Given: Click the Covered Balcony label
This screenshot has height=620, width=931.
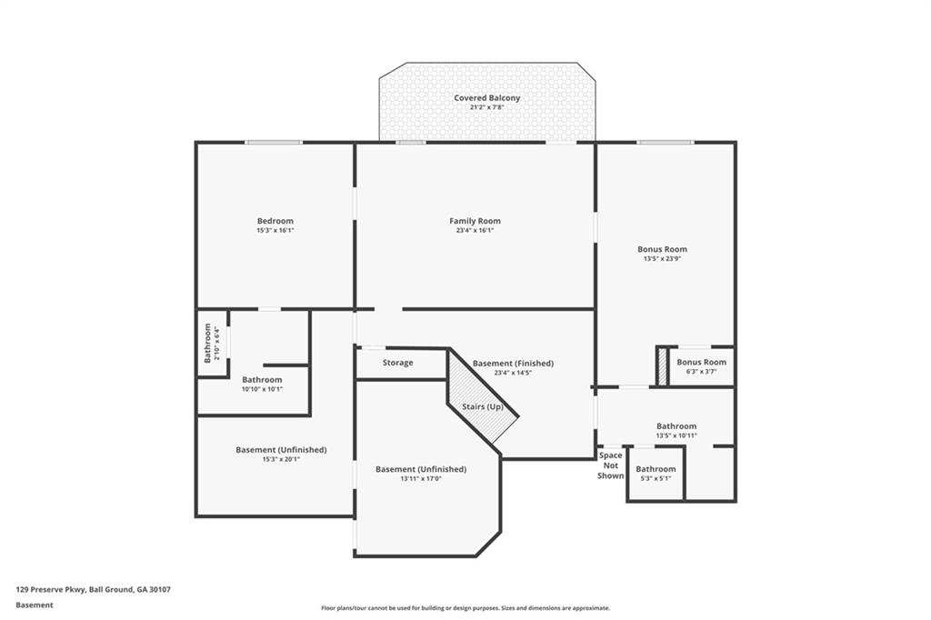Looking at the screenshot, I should pos(487,97).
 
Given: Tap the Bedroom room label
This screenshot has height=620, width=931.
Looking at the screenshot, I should pos(275,221).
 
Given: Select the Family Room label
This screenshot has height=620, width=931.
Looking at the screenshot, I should pos(475,221).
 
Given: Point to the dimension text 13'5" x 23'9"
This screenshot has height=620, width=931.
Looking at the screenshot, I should pos(662,258).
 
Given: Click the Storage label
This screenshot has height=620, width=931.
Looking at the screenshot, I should pos(397,363).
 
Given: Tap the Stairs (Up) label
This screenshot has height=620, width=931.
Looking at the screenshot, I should pos(482,406).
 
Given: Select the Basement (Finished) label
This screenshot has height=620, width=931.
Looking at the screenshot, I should pos(513,363).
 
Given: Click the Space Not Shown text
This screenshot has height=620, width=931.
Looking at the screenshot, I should pos(611,465).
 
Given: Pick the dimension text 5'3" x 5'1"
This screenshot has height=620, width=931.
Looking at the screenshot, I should pos(656,478).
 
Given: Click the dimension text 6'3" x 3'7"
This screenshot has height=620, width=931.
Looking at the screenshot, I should pos(701,371).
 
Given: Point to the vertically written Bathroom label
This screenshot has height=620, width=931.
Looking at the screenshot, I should pos(207,343).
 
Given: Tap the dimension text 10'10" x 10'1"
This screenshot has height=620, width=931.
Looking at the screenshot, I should pos(262,389).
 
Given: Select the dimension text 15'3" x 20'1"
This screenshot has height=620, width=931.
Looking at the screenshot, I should pos(281,459).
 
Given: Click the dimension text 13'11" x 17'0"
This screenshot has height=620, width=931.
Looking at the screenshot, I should pos(421,479).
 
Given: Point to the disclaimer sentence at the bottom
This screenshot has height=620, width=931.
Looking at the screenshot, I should pos(465,608).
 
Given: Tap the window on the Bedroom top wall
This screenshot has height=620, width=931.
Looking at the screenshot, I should pos(274,142).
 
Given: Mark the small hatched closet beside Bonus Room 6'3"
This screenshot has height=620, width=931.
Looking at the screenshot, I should pos(662,365).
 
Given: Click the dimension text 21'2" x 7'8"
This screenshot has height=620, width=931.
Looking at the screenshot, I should pos(487,107).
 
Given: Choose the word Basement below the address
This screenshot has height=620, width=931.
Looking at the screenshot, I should pos(35,605).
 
